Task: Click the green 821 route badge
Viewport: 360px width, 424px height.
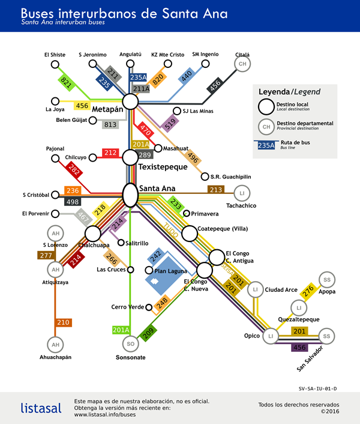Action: pos(66,83)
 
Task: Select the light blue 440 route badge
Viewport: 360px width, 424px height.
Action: pos(187,76)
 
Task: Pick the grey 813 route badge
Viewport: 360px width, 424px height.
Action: pos(110,124)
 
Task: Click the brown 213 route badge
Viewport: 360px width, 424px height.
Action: pos(216,190)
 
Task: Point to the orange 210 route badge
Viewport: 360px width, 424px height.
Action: pos(63,323)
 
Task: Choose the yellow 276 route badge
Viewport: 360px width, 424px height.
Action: pos(308,291)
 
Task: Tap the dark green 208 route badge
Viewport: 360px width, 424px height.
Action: pos(147,329)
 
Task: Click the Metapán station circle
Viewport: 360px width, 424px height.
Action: pos(130,102)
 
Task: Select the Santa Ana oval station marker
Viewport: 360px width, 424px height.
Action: pos(130,194)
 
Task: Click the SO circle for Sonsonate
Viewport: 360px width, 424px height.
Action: pos(130,344)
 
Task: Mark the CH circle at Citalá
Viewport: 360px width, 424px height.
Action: pos(242,64)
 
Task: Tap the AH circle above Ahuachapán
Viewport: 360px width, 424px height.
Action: pos(55,345)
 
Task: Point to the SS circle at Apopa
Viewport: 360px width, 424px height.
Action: pos(327,280)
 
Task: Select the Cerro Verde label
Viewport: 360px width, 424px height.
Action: pos(127,307)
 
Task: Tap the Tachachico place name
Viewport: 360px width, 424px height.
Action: pos(241,206)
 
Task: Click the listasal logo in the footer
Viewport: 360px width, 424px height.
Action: pos(41,408)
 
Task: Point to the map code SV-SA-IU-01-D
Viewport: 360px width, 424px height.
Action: pos(317,389)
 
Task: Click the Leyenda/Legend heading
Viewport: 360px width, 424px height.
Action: pos(289,92)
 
